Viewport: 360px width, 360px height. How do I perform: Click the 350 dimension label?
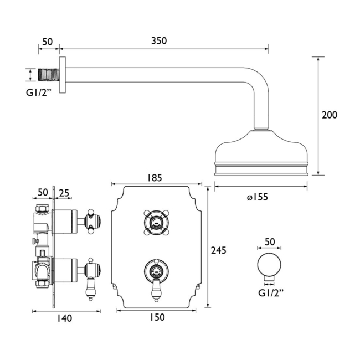click(158, 41)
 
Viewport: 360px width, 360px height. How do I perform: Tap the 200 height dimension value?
click(330, 115)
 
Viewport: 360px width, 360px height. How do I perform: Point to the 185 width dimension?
click(155, 178)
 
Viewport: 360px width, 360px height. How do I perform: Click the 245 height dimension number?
click(219, 250)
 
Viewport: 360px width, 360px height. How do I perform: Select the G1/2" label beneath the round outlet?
click(269, 292)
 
